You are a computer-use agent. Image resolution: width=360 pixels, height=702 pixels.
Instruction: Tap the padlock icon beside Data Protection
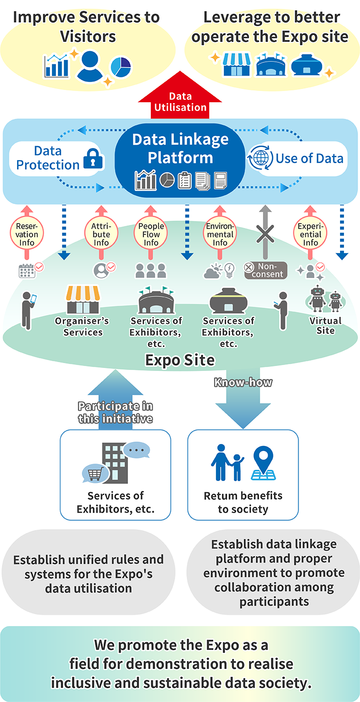click(x=94, y=159)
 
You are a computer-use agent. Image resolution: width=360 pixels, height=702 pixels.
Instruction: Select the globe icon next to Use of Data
click(x=260, y=159)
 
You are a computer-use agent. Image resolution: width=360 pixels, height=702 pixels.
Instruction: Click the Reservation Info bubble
click(x=27, y=234)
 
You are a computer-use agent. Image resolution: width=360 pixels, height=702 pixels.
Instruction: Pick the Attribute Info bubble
click(x=101, y=234)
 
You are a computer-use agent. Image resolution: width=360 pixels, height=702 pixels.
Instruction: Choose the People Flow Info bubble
click(x=151, y=234)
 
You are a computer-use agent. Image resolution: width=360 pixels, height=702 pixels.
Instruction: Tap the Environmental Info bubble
click(x=220, y=234)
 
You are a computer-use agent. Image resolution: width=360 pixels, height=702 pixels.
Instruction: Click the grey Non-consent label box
click(x=266, y=270)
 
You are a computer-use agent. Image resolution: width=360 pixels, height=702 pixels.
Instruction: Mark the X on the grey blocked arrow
click(x=265, y=234)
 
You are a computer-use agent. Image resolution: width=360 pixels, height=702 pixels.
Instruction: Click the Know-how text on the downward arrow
click(x=243, y=383)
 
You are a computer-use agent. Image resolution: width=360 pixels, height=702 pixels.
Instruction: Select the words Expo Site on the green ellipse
click(x=180, y=360)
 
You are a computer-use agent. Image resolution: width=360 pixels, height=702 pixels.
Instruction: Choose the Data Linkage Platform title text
click(x=180, y=148)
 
